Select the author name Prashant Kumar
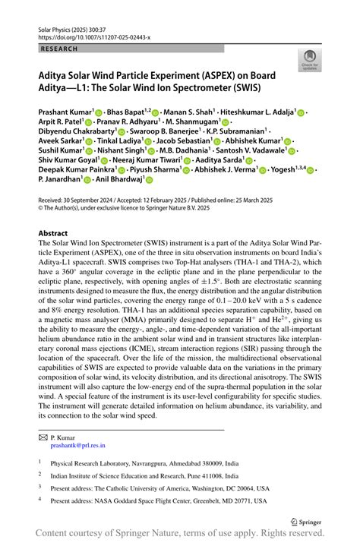pyautogui.click(x=65, y=111)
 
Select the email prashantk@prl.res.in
pyautogui.click(x=78, y=446)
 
